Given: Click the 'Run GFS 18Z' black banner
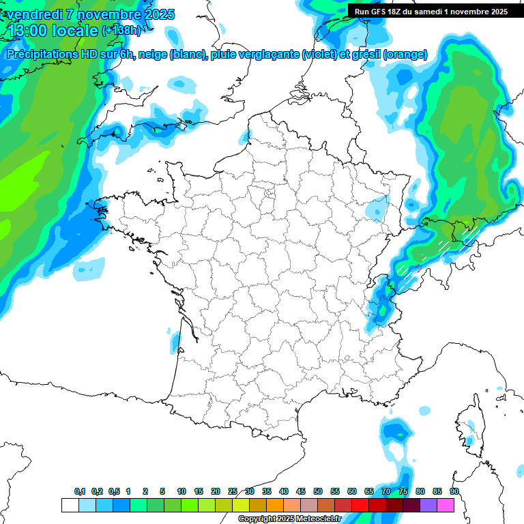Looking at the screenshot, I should (431, 11).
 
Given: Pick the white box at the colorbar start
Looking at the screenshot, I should (70, 505).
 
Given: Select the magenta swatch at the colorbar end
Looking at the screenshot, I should (446, 505).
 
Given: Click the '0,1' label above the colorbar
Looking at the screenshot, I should (80, 491).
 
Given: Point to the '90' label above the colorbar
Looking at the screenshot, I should (454, 491).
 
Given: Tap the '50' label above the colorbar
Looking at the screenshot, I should (318, 491).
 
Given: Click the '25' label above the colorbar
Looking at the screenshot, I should (233, 491).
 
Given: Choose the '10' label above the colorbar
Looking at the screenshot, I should (181, 491).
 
